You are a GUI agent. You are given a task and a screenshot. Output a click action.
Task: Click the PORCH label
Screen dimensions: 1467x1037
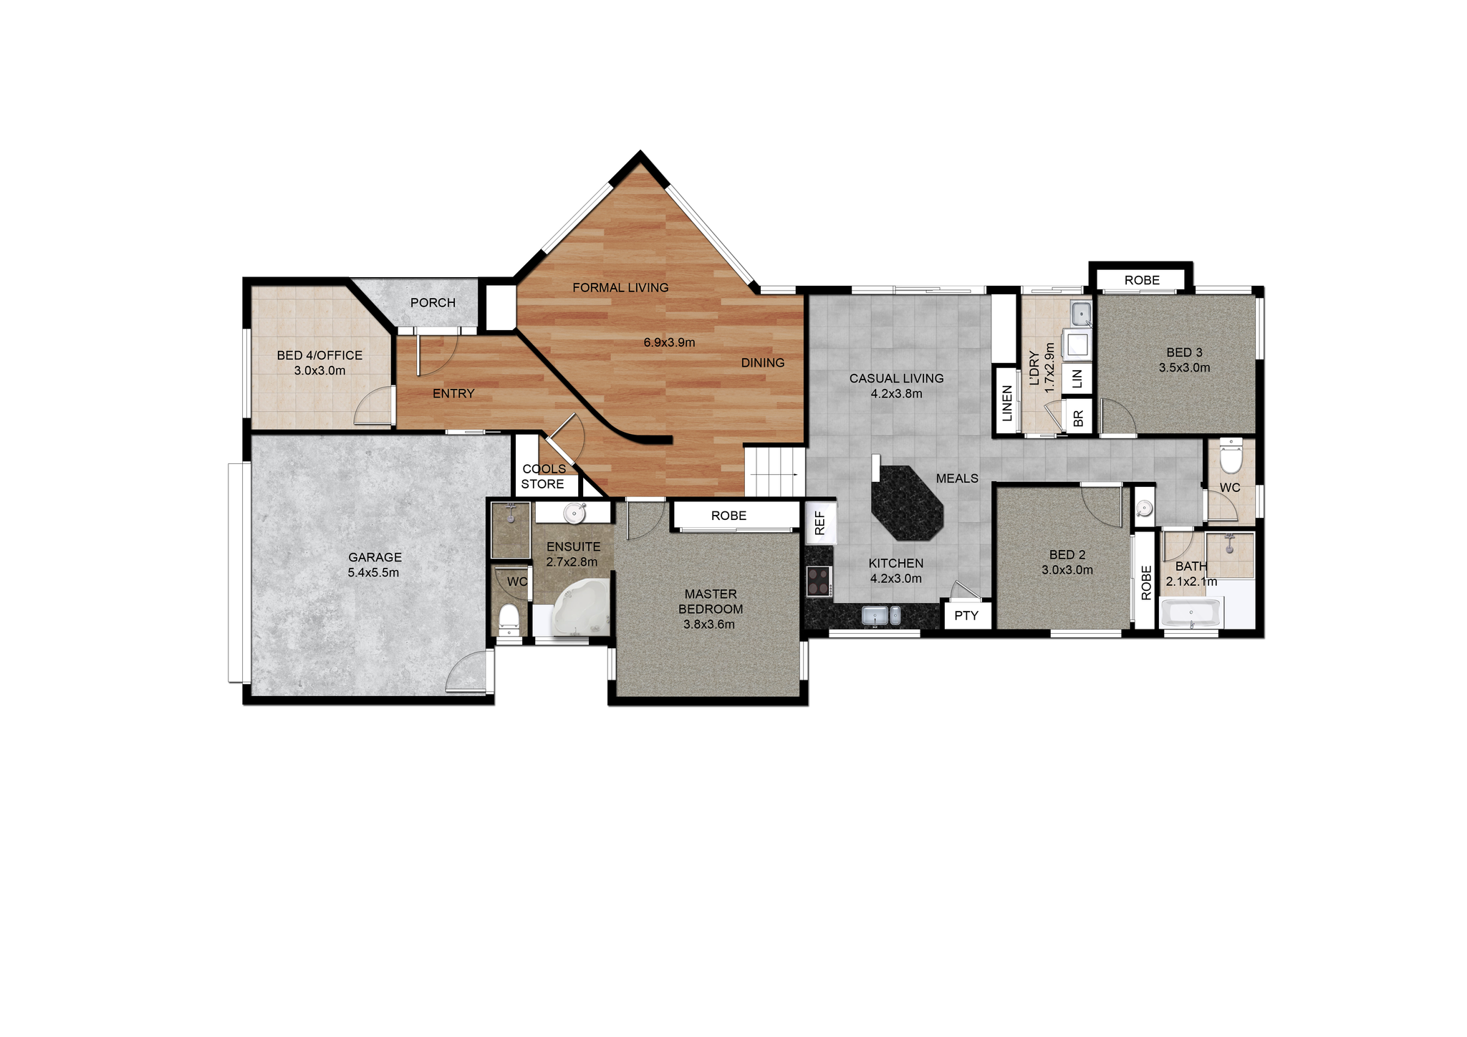coord(433,303)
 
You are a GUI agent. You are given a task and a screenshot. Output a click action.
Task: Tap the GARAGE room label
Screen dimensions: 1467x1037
coord(375,557)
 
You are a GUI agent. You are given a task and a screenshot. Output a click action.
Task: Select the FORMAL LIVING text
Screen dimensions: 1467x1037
coord(620,288)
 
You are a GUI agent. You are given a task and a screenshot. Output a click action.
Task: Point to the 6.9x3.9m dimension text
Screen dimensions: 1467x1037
coord(669,342)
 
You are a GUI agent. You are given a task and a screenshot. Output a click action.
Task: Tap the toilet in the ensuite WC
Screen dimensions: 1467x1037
coord(509,618)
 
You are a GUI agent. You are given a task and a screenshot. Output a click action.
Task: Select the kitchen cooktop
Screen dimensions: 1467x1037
coord(819,581)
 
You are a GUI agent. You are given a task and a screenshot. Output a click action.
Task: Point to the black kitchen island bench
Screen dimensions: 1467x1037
coord(907,503)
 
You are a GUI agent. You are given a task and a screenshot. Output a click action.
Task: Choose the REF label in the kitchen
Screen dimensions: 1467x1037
coord(820,523)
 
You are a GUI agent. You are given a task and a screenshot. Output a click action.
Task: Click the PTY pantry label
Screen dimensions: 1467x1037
coord(966,615)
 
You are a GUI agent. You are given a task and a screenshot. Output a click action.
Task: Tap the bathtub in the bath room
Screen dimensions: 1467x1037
coord(1191,614)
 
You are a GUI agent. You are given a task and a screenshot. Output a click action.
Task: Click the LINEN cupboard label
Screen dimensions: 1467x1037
coord(1007,403)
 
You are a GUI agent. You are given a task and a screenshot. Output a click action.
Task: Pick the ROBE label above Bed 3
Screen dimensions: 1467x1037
coord(1142,280)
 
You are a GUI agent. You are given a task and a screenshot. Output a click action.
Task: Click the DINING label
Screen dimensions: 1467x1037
coord(763,363)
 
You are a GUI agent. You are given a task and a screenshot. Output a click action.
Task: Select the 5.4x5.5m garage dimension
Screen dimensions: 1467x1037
coord(373,573)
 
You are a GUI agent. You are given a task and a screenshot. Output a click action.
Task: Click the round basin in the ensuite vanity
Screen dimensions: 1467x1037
coord(574,513)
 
